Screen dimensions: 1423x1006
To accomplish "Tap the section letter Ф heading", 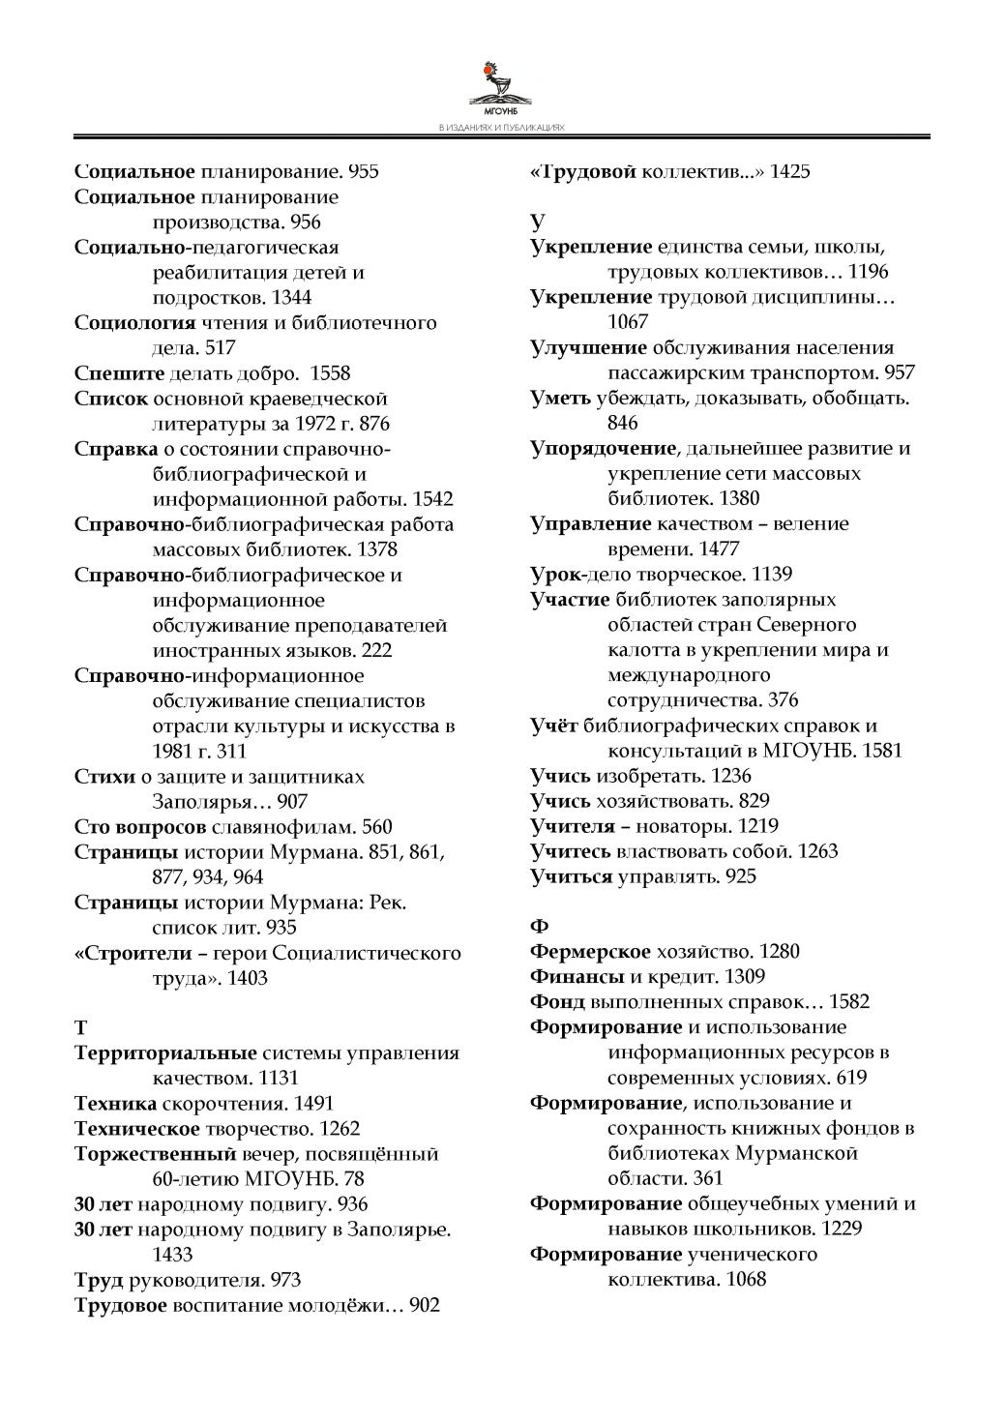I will [x=540, y=926].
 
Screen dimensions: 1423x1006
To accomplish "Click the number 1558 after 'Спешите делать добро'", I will [x=327, y=373].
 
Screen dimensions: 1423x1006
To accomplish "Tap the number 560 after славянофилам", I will [x=377, y=826].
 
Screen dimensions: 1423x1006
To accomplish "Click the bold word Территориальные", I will [x=165, y=1052].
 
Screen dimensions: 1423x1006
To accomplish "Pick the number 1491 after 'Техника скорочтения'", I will [x=313, y=1103].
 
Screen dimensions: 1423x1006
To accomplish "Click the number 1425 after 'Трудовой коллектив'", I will [x=790, y=172].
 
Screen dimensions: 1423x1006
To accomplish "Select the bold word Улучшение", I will [x=588, y=348].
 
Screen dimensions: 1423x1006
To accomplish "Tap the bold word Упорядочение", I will [x=603, y=449].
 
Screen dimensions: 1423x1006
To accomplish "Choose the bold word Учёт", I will [x=554, y=726].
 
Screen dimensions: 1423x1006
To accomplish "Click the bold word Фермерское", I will [x=590, y=952].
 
